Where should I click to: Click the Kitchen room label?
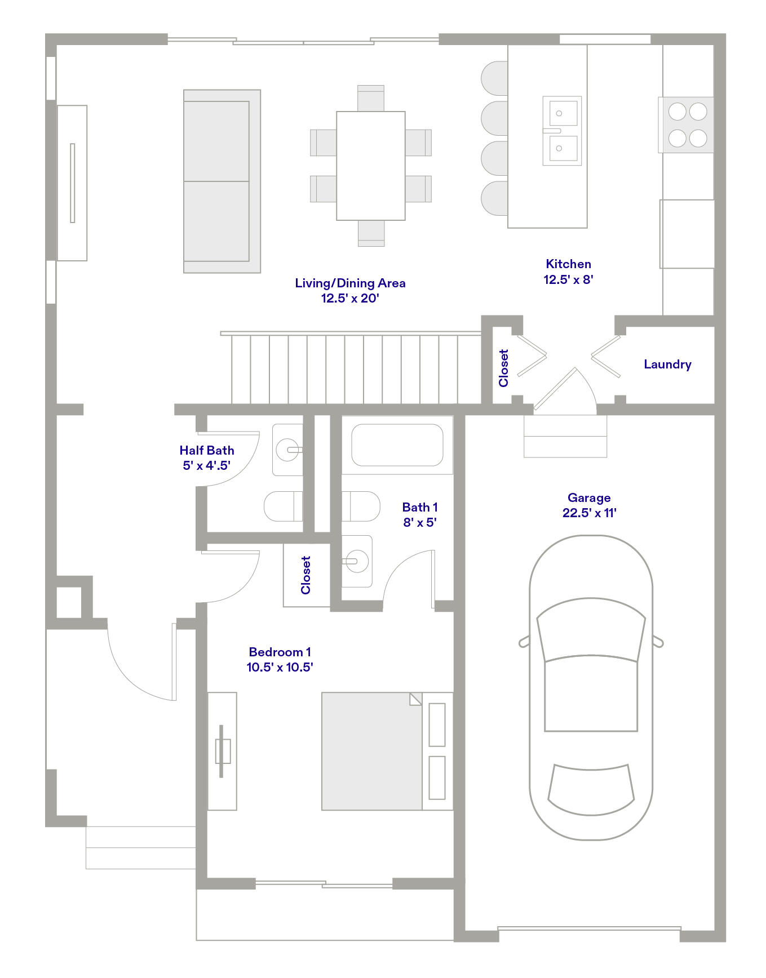tap(568, 264)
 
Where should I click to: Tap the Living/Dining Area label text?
tap(350, 283)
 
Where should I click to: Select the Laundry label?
tap(667, 364)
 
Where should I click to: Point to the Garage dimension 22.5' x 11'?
tap(589, 513)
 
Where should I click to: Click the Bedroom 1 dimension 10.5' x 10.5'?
tap(280, 667)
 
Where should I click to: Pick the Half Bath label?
tap(206, 450)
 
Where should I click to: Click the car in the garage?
tap(591, 687)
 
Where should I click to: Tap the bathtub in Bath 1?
tap(397, 445)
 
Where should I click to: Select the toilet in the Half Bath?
tap(283, 506)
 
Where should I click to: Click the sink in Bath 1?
tap(357, 561)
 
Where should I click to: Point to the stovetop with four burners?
tap(687, 125)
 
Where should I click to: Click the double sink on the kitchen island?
tap(562, 131)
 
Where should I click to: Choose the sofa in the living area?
tap(222, 181)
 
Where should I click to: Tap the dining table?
tap(371, 166)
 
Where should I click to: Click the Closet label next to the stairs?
tap(503, 368)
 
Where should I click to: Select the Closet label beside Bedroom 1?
tap(305, 575)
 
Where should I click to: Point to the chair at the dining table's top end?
tap(371, 98)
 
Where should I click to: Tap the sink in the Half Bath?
tap(287, 450)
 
